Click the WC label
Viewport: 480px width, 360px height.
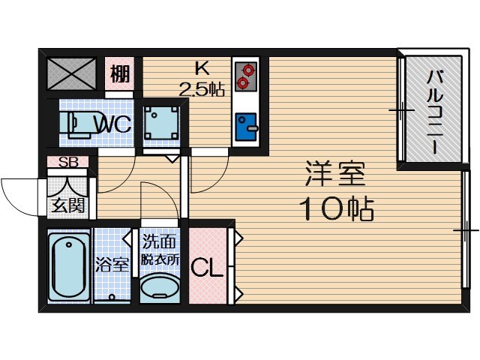click(112, 124)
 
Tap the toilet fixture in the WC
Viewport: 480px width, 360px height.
click(75, 122)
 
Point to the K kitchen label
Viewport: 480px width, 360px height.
click(202, 67)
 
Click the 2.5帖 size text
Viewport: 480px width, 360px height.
click(202, 89)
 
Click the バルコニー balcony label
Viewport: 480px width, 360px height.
click(434, 112)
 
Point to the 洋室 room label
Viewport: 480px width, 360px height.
click(334, 175)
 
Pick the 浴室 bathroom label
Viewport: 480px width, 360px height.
click(112, 265)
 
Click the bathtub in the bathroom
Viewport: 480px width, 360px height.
click(68, 266)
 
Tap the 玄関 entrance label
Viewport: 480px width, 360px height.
click(67, 205)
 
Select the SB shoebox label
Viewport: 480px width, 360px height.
click(68, 161)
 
